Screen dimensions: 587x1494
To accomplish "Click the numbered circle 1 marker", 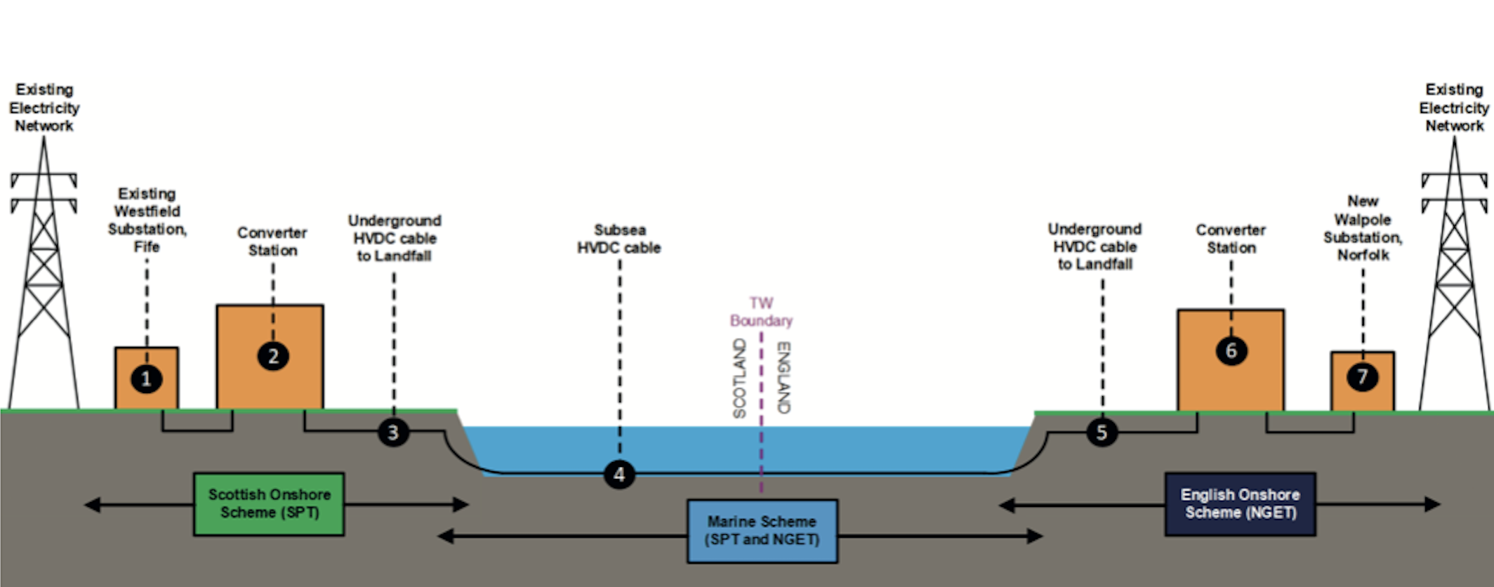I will [146, 379].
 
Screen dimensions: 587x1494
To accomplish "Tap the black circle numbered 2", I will [273, 356].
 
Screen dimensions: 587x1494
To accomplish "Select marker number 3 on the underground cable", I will [393, 432].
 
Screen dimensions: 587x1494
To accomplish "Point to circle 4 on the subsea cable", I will [619, 475].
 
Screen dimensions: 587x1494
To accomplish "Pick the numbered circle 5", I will [1102, 432].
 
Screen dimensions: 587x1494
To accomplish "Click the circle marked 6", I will [1231, 351].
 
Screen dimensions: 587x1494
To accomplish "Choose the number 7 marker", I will [1362, 377].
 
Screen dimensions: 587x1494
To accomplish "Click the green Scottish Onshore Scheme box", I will [269, 504].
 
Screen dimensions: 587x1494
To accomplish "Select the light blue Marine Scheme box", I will [762, 531].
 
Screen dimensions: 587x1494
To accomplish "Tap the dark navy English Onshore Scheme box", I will [1240, 504].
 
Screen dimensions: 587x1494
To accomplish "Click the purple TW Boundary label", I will [761, 312].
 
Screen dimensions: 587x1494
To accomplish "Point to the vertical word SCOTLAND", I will [739, 378].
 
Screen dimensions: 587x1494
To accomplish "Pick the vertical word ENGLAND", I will [784, 377].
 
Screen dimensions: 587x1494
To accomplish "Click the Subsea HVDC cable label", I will [619, 239].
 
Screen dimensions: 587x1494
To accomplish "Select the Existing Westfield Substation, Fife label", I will [147, 220].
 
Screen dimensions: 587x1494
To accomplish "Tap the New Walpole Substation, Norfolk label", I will [1363, 228].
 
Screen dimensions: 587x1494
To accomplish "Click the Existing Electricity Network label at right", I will [1454, 107].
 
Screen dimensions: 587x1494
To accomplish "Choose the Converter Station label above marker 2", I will [272, 242].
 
